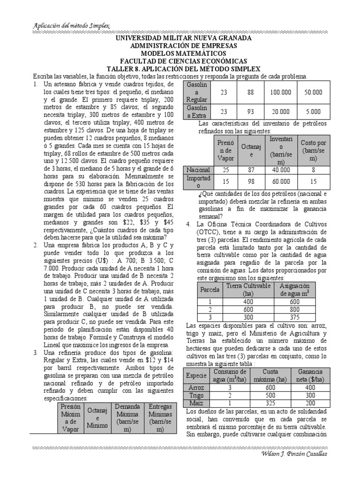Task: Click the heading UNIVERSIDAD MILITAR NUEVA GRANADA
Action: (183, 38)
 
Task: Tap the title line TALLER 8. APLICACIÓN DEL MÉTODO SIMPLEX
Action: (183, 68)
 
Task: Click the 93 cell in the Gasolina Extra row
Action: (251, 112)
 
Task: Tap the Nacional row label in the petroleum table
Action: (198, 170)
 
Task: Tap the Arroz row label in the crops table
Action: (196, 388)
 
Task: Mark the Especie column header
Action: (196, 376)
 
